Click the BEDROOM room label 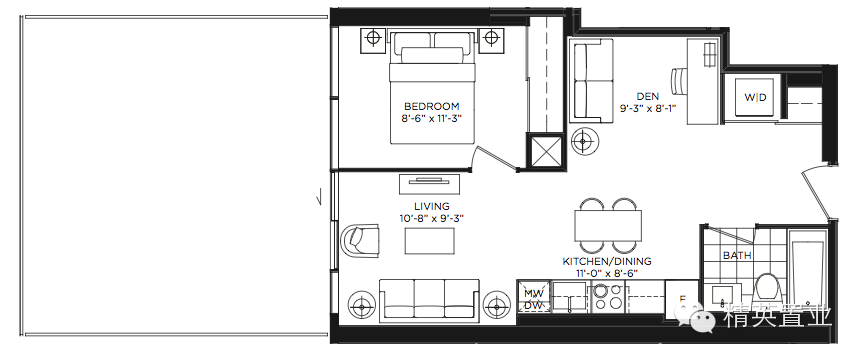click(432, 106)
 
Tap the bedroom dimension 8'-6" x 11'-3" click(432, 118)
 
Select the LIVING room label click(432, 206)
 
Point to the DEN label click(648, 97)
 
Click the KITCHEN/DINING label click(607, 261)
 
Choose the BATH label click(737, 255)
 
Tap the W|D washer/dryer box click(755, 98)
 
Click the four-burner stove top click(608, 297)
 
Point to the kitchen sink click(570, 296)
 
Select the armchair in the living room click(360, 240)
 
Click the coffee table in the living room click(429, 241)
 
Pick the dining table click(608, 226)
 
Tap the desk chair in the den click(680, 81)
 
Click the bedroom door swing click(496, 157)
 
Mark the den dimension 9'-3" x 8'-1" click(648, 108)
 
